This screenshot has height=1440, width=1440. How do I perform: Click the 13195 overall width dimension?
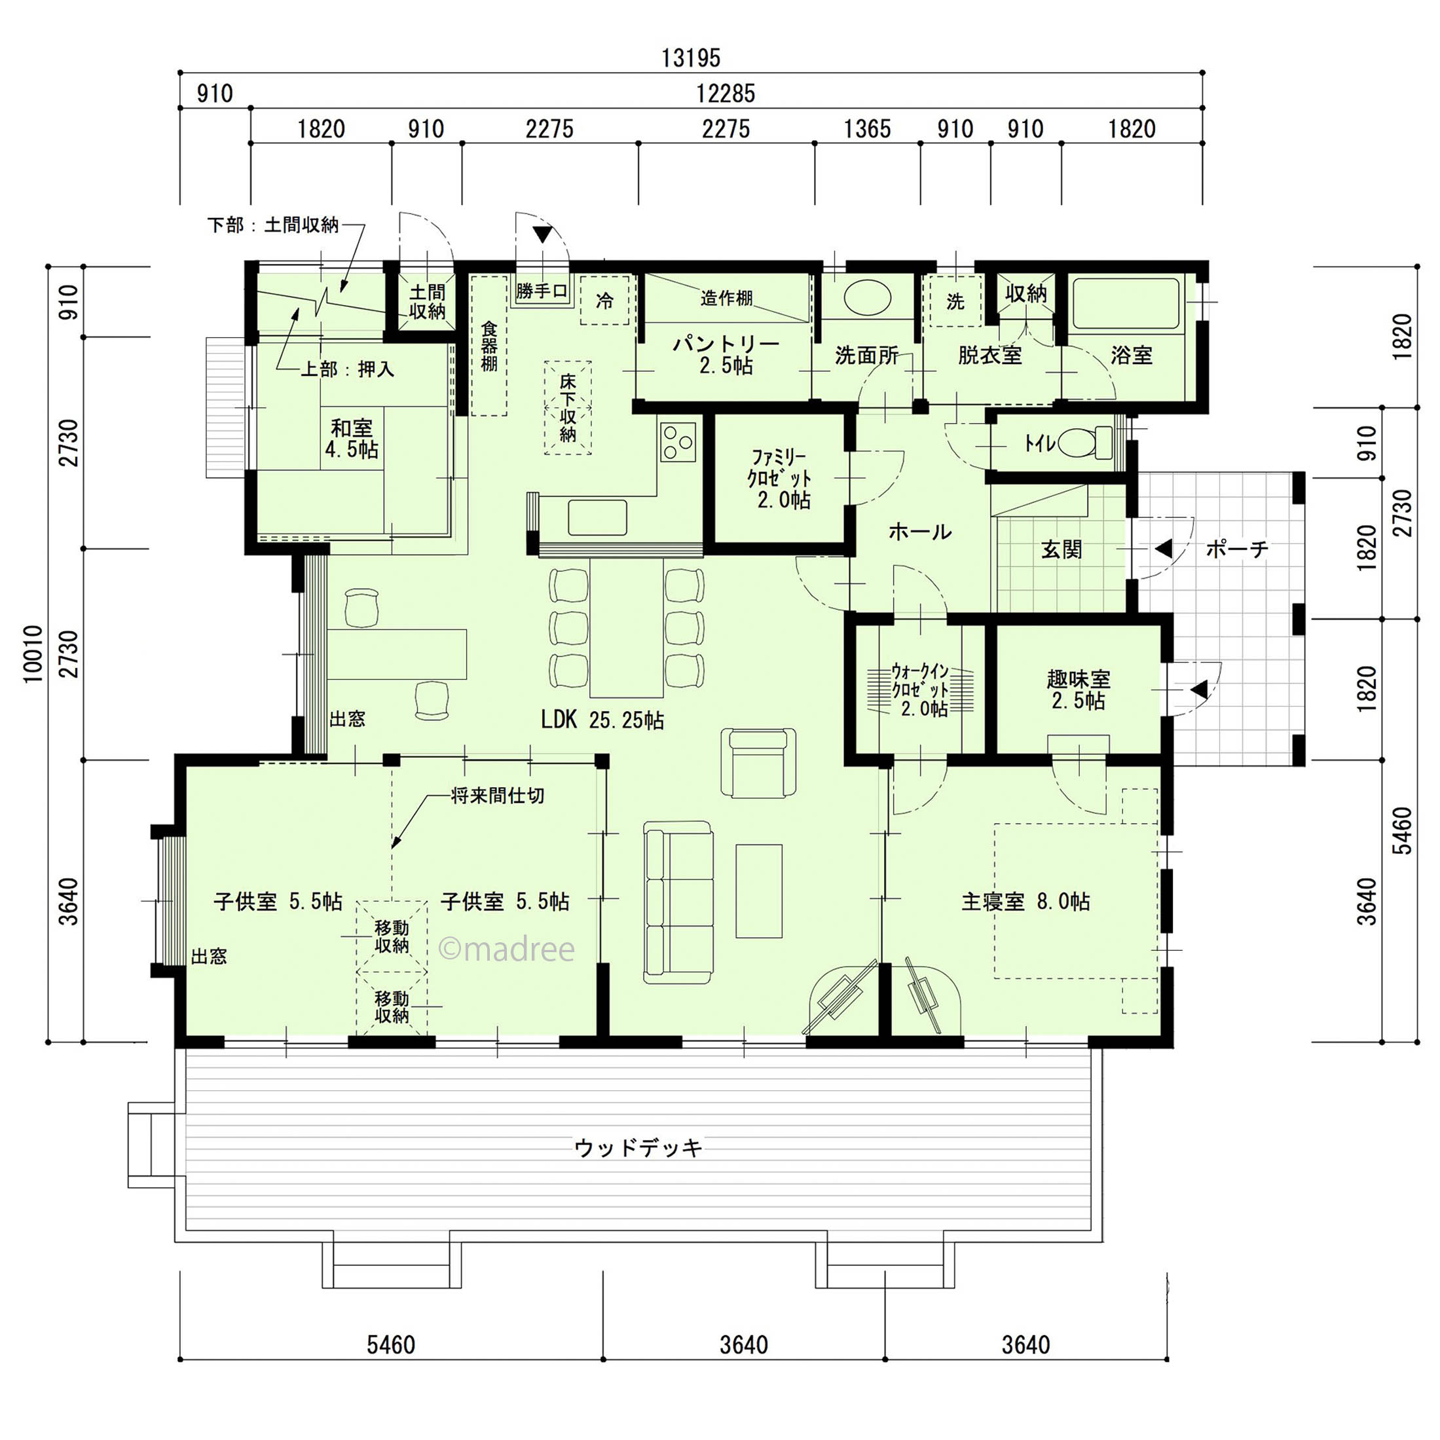click(x=691, y=58)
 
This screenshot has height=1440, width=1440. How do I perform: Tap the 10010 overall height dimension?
click(x=33, y=654)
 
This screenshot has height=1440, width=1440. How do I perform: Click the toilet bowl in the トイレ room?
click(x=1084, y=443)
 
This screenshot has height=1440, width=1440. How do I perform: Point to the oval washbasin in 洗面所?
click(x=867, y=298)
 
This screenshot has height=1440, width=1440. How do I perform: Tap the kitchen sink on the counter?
click(x=597, y=517)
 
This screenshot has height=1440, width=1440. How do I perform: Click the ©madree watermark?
click(x=506, y=949)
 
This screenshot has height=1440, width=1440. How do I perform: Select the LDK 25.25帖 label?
click(x=602, y=719)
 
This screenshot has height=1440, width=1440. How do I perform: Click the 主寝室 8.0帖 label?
click(x=1025, y=902)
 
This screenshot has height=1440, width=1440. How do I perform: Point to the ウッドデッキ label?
click(x=638, y=1148)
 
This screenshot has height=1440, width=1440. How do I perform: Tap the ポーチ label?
click(x=1236, y=549)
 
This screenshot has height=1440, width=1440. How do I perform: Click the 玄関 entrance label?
click(x=1061, y=549)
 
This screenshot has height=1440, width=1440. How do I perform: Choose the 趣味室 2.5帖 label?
click(x=1079, y=690)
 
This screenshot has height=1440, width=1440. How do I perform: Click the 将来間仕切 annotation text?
click(x=497, y=795)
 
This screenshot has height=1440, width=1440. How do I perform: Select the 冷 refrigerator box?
click(x=604, y=300)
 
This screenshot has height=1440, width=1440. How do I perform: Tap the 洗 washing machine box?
click(x=955, y=301)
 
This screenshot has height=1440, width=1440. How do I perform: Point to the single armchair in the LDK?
click(x=757, y=762)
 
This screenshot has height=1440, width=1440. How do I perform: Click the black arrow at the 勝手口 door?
click(x=543, y=235)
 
